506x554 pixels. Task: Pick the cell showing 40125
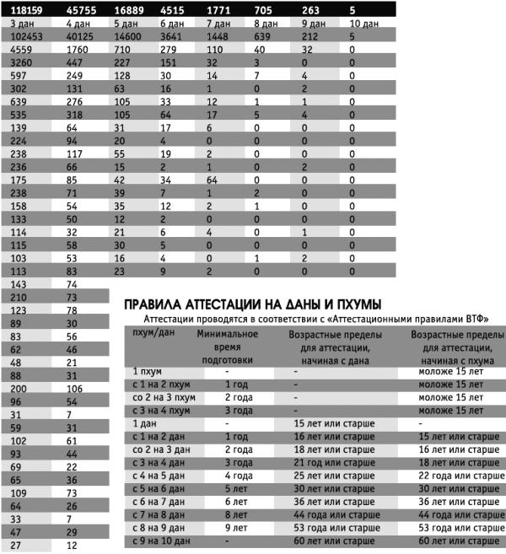click(x=81, y=36)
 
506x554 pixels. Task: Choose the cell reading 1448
click(x=219, y=36)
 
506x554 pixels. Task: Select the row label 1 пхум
click(x=148, y=370)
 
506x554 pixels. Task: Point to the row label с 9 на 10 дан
click(x=164, y=541)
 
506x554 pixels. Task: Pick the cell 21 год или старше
click(x=334, y=462)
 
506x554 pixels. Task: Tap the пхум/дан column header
click(x=152, y=334)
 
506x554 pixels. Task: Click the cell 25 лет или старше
click(x=334, y=475)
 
